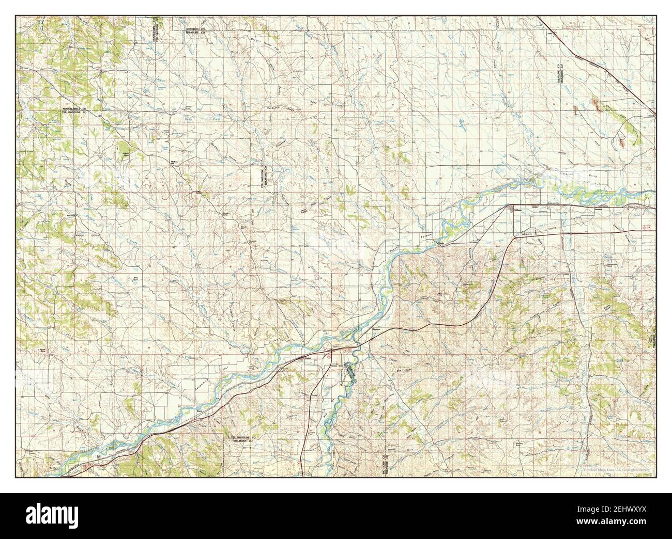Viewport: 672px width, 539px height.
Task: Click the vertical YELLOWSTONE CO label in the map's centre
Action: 262,176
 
